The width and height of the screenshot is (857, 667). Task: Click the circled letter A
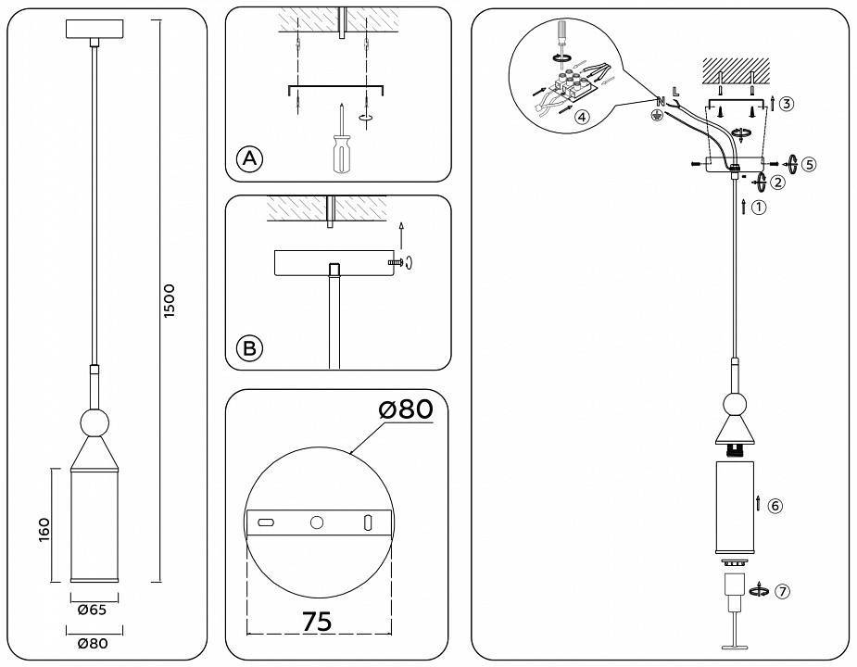[x=248, y=159]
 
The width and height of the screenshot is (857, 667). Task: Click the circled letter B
[x=248, y=348]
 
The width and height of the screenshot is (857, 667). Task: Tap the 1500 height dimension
[x=169, y=301]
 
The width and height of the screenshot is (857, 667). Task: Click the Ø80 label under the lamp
[x=93, y=643]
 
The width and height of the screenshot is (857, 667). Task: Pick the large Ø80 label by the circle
[x=405, y=409]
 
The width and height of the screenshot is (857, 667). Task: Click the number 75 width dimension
[x=317, y=622]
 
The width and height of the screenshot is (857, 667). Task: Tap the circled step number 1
[x=759, y=208]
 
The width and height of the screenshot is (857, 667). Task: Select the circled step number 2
[x=777, y=182]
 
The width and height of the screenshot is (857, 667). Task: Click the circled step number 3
[x=786, y=104]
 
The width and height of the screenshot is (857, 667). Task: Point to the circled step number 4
[x=581, y=118]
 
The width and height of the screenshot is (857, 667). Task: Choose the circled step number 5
[x=808, y=164]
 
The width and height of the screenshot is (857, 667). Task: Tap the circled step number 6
[x=775, y=506]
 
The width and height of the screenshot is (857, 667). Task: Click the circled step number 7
[x=783, y=592]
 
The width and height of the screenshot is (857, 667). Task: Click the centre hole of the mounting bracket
[x=317, y=523]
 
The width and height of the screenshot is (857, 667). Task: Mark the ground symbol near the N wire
[x=658, y=115]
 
